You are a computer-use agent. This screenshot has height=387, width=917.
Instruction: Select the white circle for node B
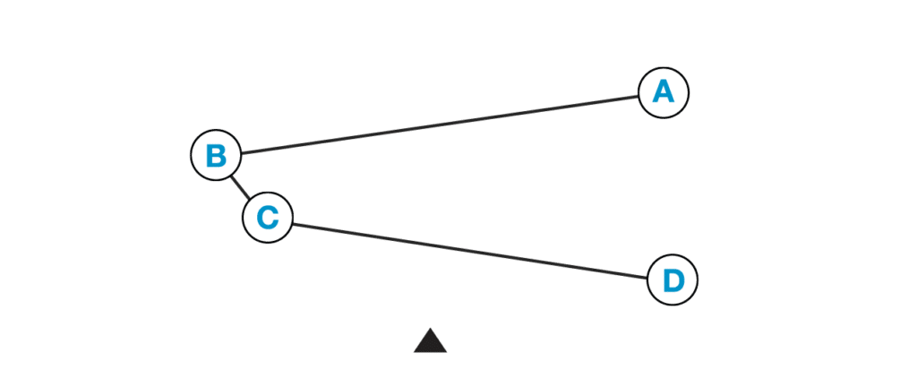click(216, 155)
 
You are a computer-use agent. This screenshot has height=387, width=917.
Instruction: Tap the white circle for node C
click(268, 218)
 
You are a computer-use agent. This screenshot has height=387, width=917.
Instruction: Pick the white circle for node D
click(672, 280)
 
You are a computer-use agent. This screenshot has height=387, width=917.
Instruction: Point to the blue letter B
click(216, 155)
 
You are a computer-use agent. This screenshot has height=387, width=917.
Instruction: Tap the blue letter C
click(268, 218)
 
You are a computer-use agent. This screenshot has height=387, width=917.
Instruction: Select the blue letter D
click(672, 280)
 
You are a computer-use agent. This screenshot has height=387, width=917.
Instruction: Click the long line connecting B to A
click(439, 124)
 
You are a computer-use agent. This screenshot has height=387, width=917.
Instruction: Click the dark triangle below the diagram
click(430, 343)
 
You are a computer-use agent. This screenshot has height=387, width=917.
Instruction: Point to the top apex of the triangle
click(430, 328)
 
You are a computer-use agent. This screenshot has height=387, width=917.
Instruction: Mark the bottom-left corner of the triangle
click(414, 353)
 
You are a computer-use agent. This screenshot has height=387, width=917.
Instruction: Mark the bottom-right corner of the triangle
click(447, 353)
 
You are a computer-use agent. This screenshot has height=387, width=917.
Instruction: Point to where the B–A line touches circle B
click(240, 152)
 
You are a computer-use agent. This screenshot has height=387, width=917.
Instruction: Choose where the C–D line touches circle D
click(647, 277)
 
